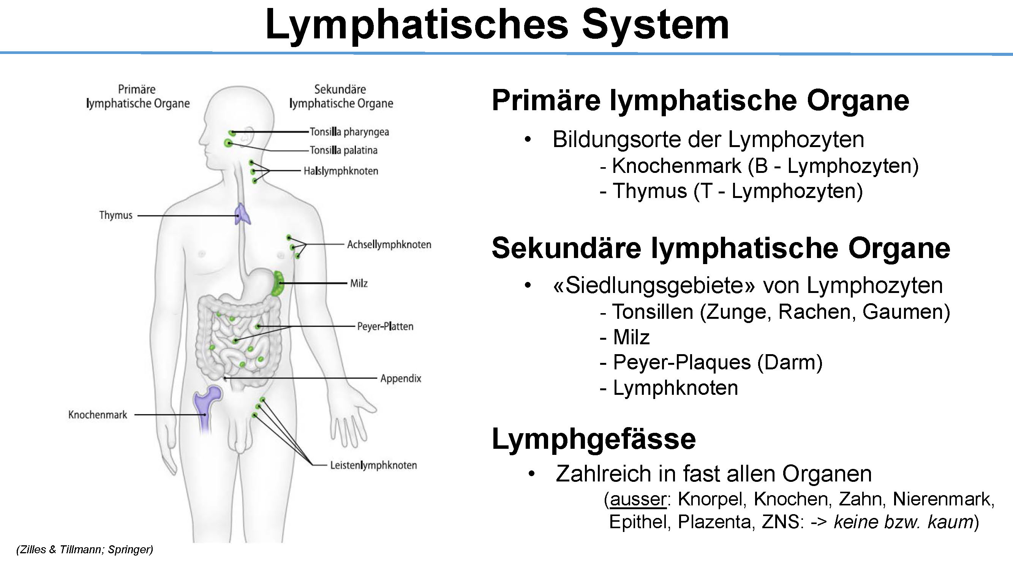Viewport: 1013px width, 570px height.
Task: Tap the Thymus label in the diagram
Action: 115,215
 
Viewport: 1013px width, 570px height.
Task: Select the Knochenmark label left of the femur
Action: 98,415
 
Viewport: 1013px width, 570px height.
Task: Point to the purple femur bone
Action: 206,409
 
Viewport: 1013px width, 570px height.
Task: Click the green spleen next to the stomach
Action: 278,283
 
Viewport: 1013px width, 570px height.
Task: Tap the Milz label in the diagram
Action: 359,283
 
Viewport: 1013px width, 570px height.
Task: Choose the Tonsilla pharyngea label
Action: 349,132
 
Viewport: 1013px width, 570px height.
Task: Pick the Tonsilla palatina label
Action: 344,150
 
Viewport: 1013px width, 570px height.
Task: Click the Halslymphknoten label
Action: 341,171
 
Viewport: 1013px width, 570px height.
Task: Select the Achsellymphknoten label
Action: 389,245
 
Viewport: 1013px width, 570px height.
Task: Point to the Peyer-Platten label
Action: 385,326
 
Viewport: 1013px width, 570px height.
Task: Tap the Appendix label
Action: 401,378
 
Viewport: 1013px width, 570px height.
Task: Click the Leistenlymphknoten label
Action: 373,465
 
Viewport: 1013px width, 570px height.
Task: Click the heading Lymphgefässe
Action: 594,439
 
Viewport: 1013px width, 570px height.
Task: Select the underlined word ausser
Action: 638,499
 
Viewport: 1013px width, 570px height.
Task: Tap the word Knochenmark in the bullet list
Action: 677,166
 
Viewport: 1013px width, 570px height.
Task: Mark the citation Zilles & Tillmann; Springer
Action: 85,549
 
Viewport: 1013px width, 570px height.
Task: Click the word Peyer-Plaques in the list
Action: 682,362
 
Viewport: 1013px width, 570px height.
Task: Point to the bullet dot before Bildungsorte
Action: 528,139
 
